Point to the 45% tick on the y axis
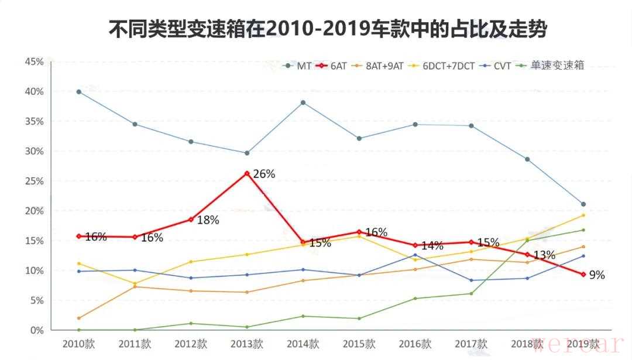coord(34,61)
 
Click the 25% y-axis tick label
coord(34,181)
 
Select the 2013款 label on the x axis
coord(247,343)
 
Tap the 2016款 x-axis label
coord(415,343)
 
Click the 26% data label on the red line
coord(264,174)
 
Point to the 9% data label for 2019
coord(597,275)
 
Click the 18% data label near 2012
coord(208,220)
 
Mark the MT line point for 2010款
coord(79,92)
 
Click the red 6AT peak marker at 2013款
coord(247,173)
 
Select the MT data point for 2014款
coord(303,102)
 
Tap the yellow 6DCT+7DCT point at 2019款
coord(583,215)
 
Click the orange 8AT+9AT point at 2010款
coord(79,318)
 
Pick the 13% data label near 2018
coord(544,255)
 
